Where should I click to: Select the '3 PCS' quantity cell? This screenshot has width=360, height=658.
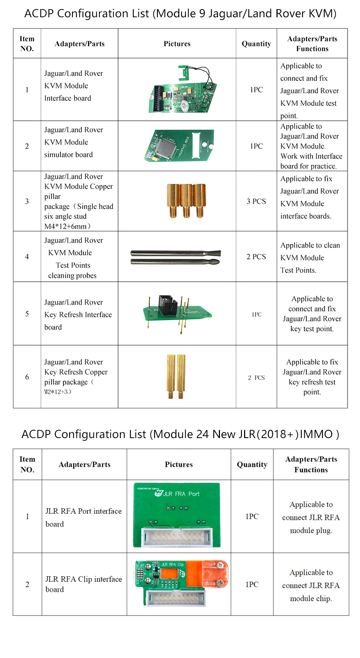(256, 201)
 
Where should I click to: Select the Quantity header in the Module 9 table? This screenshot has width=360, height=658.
(256, 44)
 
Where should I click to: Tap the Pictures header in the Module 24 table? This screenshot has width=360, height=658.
(179, 464)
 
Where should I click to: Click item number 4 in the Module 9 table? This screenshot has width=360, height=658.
(27, 257)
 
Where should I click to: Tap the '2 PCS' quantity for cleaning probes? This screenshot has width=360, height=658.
(256, 257)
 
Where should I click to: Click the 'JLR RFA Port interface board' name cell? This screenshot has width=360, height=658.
(84, 517)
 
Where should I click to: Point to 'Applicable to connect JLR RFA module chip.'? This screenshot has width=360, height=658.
(311, 585)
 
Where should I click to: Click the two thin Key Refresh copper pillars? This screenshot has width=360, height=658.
(176, 376)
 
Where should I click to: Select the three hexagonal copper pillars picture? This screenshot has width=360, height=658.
(186, 200)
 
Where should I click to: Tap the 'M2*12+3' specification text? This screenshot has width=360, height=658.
(58, 392)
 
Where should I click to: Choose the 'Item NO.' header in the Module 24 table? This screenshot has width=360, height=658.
(27, 464)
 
